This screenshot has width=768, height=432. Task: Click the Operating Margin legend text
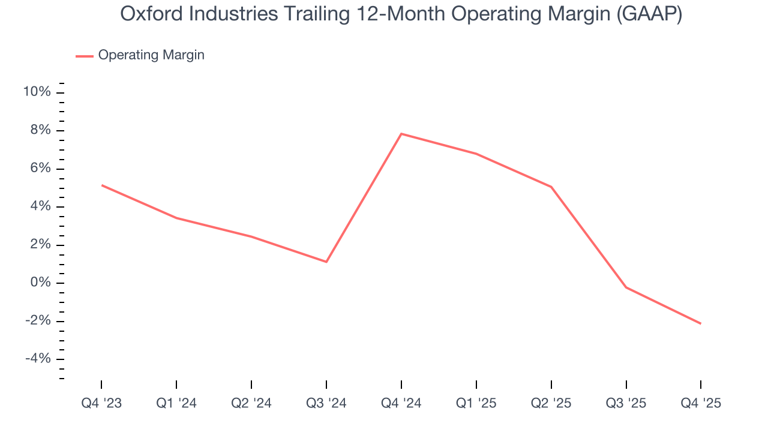coord(151,55)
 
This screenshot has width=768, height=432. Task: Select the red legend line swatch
coord(84,56)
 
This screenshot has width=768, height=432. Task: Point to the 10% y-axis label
coord(37,92)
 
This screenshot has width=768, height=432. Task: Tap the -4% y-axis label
coord(37,359)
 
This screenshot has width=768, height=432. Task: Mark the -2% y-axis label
coord(37,321)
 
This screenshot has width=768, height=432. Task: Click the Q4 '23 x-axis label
coord(101,403)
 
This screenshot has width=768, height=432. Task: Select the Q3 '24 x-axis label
coord(326,403)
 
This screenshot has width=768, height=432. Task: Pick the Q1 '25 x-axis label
coord(476,403)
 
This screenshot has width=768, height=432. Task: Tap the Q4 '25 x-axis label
coord(701,403)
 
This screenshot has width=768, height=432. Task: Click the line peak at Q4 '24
coord(401,133)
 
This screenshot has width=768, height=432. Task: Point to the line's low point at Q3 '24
coord(326,262)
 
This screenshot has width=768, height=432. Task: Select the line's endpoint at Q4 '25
coord(701,324)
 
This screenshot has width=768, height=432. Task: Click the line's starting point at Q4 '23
coord(101,185)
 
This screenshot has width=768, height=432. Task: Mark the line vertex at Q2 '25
coord(551,187)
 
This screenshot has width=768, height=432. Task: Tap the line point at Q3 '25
coord(626,287)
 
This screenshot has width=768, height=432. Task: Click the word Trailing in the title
coord(317,14)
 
